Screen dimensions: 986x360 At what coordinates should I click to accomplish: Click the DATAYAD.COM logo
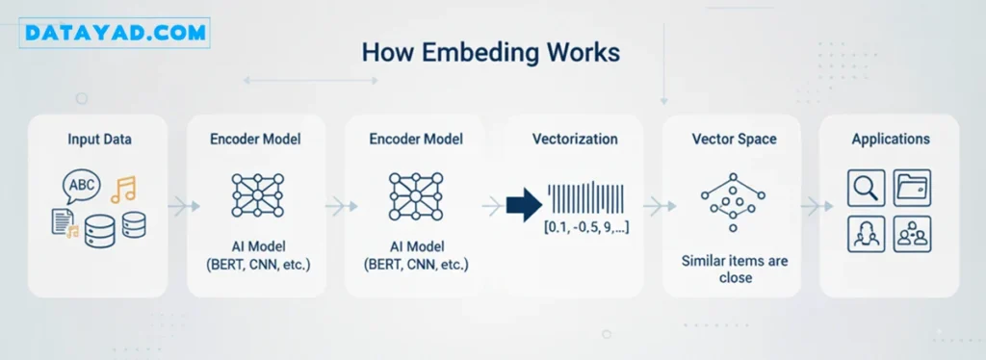116,34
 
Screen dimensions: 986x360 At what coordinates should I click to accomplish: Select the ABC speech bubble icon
81,187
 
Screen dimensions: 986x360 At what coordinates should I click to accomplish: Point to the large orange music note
123,189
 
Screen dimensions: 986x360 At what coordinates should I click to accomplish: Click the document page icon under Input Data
61,222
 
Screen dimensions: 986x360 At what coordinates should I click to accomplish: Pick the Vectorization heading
575,139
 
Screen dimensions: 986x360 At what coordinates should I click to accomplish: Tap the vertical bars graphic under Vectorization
585,197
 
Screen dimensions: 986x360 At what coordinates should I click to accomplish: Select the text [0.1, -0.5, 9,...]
586,227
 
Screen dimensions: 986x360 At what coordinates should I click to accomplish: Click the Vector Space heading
735,139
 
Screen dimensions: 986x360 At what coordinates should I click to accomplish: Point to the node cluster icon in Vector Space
733,202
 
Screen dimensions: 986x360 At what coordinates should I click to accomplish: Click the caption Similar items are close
735,269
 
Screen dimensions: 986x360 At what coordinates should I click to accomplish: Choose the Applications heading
891,139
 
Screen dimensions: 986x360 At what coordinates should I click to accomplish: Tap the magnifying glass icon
866,188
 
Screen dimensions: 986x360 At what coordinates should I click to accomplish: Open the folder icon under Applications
912,188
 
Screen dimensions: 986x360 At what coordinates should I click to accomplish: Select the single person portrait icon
866,234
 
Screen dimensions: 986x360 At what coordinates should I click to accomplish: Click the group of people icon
912,234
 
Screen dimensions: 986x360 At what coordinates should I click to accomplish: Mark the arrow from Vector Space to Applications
817,205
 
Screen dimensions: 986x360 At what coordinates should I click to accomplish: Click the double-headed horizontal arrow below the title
311,81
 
